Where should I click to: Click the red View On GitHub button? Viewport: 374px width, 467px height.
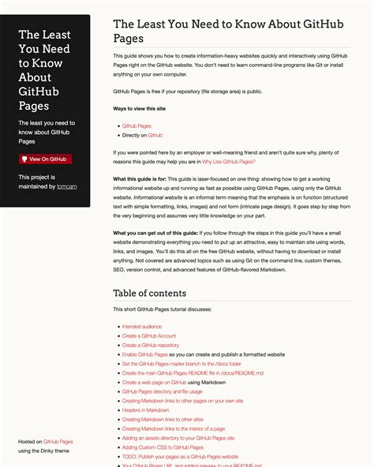click(45, 159)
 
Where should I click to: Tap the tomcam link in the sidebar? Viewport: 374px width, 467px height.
click(66, 187)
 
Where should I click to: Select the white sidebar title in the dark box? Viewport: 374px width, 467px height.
click(45, 71)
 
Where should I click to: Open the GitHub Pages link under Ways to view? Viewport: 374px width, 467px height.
click(137, 125)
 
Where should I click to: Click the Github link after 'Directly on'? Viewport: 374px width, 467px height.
click(155, 136)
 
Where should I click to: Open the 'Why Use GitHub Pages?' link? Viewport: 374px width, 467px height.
click(228, 161)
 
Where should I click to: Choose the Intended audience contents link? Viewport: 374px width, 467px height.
click(142, 326)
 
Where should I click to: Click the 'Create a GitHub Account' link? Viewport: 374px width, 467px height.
click(149, 335)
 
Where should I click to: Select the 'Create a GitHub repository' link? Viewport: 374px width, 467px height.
click(150, 345)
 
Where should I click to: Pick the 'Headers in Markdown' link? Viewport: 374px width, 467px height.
click(145, 410)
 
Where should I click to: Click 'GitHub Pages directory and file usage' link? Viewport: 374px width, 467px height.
click(162, 391)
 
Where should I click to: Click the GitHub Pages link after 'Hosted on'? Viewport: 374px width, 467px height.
click(58, 442)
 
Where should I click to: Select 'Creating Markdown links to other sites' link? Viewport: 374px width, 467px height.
click(162, 420)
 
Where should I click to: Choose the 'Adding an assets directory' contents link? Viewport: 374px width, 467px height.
click(178, 438)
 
